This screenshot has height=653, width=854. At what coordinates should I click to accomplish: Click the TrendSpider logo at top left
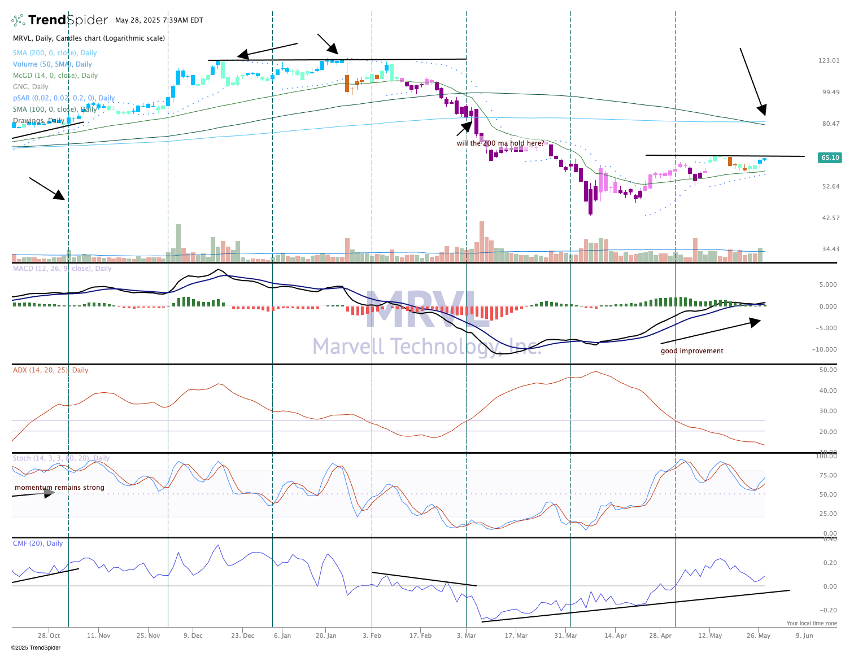click(59, 20)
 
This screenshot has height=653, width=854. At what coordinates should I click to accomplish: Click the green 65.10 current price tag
click(829, 157)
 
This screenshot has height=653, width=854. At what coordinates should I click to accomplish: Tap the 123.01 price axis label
click(829, 60)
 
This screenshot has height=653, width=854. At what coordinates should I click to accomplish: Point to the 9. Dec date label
click(193, 636)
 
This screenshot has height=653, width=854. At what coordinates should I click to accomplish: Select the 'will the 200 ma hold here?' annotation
click(500, 143)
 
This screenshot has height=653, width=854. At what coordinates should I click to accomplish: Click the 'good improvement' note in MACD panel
click(692, 351)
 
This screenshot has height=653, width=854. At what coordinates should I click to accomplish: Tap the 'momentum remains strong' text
click(59, 488)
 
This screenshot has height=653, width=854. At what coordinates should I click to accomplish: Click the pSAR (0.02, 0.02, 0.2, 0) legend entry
click(64, 98)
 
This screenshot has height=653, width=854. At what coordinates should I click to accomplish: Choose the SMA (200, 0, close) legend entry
click(55, 53)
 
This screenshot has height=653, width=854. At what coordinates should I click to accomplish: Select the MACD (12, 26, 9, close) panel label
click(62, 269)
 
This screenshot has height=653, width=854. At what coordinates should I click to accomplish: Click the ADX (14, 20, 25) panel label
click(51, 370)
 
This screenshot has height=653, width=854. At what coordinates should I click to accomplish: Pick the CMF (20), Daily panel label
click(38, 544)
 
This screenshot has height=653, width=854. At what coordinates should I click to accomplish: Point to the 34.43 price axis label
click(830, 249)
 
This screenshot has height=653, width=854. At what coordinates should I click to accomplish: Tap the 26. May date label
click(759, 636)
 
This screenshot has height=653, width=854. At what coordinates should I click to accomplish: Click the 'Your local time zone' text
click(812, 624)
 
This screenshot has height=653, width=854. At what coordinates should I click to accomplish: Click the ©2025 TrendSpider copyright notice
click(36, 648)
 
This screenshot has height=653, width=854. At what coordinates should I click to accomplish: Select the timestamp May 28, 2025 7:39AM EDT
click(159, 20)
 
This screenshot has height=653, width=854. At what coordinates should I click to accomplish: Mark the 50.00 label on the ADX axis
click(829, 370)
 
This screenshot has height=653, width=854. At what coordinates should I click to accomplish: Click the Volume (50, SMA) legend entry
click(53, 64)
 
